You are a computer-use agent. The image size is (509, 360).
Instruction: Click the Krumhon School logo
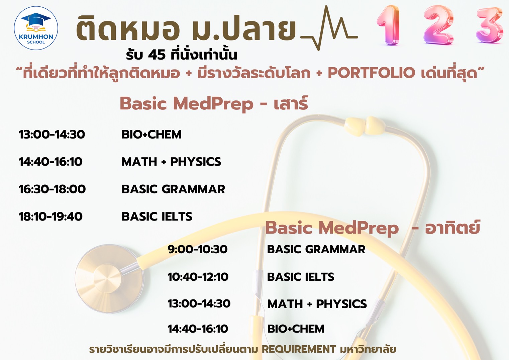36,28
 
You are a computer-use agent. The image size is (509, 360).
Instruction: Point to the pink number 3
490,25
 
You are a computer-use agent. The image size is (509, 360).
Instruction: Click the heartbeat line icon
329,29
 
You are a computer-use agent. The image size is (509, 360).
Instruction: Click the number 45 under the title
157,55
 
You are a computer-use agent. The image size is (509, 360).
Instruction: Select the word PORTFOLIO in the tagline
372,73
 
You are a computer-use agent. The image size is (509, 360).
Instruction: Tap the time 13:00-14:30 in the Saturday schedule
52,134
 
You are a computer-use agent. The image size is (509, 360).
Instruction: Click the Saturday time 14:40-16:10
50,162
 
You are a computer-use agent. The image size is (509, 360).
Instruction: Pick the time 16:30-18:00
52,189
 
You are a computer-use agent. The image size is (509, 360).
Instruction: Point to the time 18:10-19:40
50,217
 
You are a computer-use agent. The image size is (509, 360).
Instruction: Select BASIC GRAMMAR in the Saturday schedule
173,189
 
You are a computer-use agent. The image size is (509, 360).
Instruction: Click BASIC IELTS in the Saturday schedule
157,217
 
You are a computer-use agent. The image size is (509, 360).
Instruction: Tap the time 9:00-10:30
198,249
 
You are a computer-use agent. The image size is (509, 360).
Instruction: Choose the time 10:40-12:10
198,277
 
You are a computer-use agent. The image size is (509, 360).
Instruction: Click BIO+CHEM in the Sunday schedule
296,329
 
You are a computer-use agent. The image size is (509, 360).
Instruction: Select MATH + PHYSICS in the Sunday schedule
317,304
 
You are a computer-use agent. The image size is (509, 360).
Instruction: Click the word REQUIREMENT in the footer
299,349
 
